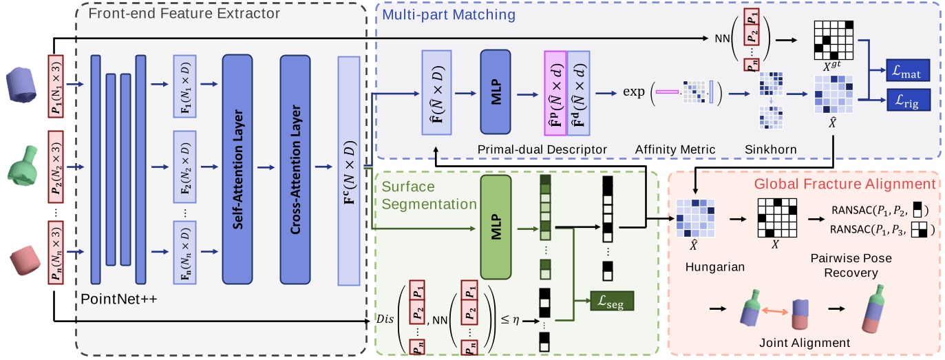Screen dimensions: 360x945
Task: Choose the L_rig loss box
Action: tap(907, 102)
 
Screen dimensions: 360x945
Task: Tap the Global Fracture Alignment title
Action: tap(845, 184)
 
